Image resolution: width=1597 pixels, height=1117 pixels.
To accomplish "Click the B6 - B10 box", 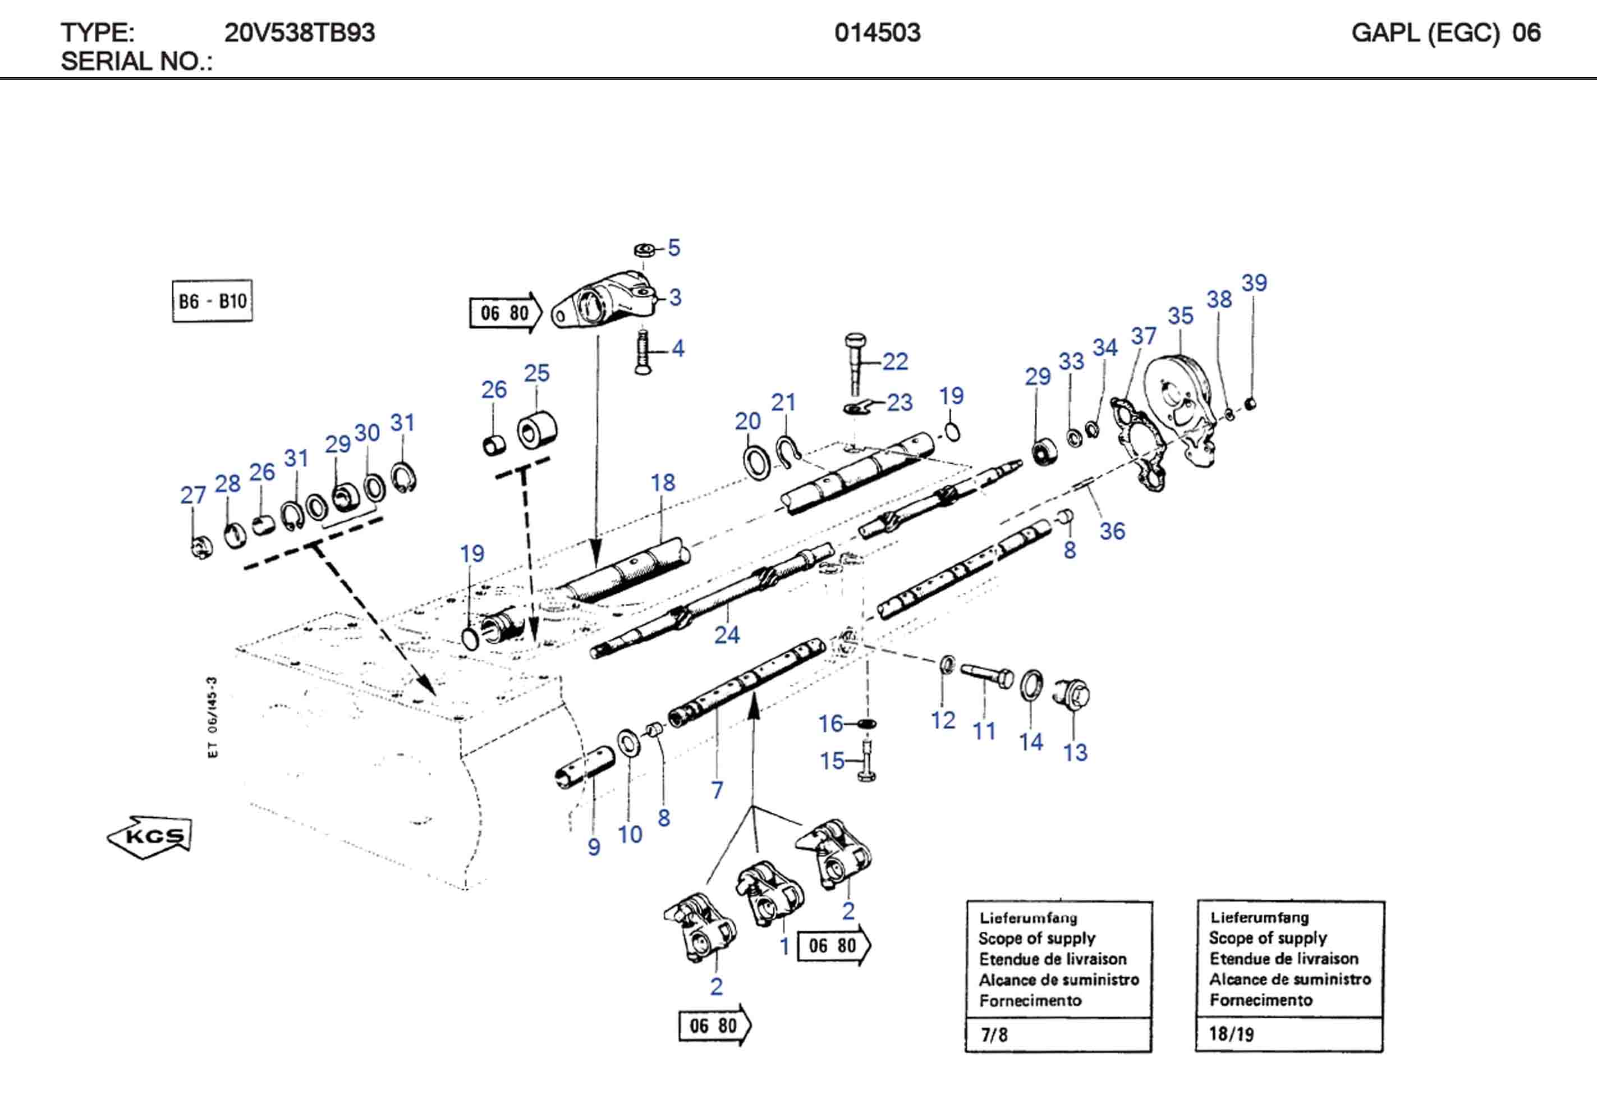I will coord(212,301).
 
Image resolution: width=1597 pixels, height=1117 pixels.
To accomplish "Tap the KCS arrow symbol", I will coord(150,836).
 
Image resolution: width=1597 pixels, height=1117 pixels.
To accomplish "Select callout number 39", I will coord(1254,283).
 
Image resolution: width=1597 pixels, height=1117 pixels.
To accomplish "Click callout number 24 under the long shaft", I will coord(727,635).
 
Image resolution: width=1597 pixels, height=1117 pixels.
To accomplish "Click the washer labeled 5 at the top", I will coord(644,249).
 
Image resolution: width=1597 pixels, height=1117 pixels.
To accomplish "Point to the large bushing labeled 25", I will coord(537,431).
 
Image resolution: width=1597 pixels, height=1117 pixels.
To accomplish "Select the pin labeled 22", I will coord(856,362).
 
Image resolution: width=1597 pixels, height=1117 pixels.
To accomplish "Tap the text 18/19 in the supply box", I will coord(1231,1033).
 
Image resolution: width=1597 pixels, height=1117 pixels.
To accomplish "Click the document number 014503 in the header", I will coord(877,33).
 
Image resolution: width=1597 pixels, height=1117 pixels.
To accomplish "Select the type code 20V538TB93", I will coord(299,33).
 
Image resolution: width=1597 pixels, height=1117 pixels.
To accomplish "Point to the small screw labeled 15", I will coord(866,762).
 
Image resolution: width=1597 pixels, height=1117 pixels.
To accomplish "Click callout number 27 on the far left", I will coord(192,495).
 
